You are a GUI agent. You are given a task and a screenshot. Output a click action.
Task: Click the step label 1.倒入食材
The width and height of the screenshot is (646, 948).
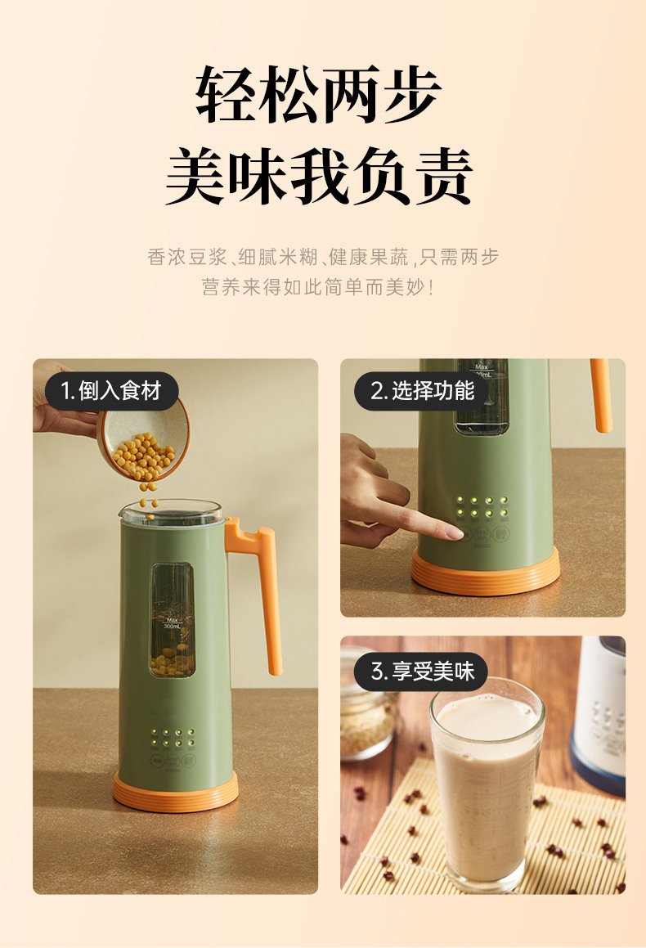(x=111, y=390)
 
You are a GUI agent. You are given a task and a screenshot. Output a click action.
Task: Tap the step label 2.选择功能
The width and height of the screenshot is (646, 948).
(x=422, y=390)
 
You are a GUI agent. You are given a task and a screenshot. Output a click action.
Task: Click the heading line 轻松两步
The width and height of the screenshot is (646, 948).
(x=318, y=94)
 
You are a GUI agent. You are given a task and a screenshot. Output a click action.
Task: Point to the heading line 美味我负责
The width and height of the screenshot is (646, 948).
(x=318, y=175)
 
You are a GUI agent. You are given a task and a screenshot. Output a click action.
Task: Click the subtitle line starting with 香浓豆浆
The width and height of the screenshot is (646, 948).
(x=323, y=257)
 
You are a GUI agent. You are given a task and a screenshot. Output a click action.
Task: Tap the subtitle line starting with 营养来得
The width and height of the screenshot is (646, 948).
(x=318, y=286)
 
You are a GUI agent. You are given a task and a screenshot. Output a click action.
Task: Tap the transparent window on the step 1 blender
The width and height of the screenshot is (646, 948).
(x=173, y=620)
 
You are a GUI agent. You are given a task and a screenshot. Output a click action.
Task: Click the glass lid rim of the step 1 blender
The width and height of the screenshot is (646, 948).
(x=172, y=511)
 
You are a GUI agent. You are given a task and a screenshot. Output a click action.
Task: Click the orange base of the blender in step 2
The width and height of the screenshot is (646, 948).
(x=485, y=572)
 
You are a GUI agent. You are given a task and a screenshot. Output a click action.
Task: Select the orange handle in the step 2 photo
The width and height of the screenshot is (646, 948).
(x=601, y=395)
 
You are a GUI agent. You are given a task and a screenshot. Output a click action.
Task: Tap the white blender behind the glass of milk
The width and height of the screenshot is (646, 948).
(x=599, y=713)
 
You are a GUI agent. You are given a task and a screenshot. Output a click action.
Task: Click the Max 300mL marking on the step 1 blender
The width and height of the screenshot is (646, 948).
(x=173, y=623)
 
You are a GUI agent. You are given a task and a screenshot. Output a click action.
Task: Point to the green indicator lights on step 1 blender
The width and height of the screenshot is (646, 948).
(x=173, y=737)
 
